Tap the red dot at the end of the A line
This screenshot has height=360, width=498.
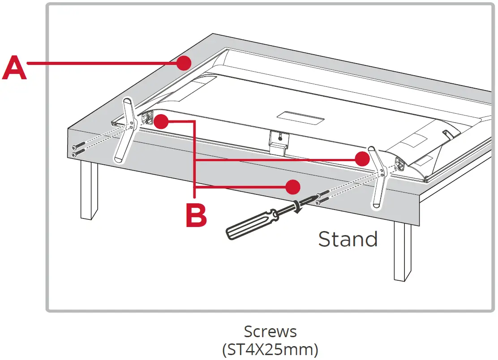pos(183,63)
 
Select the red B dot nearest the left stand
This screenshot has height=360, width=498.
pos(161,121)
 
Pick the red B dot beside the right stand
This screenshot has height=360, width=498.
pos(361,159)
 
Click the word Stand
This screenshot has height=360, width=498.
pos(348,239)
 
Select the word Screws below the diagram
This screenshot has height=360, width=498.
pos(270,332)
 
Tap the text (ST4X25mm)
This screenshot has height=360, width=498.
pos(270,349)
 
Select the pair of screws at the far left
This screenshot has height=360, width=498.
pos(78,150)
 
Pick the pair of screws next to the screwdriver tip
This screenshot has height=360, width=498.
pos(323,198)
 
